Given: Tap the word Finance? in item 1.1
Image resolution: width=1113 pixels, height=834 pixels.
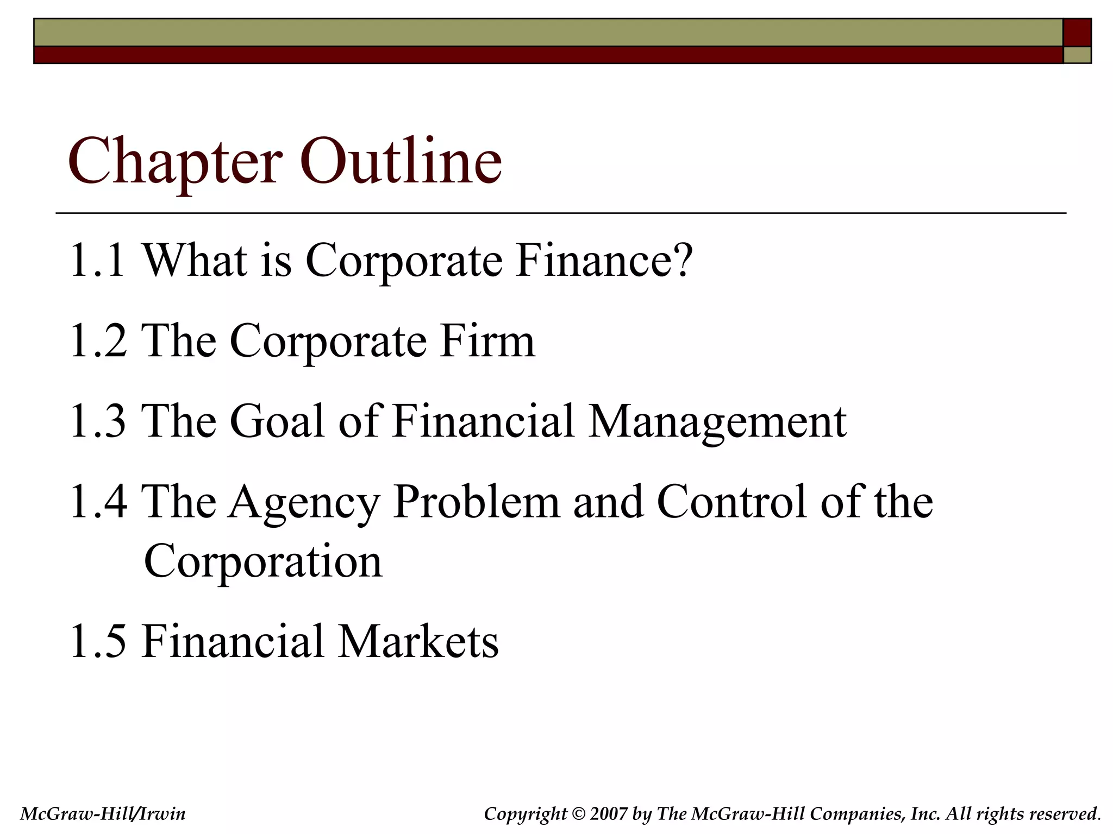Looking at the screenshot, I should pos(604,261).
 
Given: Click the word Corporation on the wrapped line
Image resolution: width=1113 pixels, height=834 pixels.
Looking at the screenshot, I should pos(263,561).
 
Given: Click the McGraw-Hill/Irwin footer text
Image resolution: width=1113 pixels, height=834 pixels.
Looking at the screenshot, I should pos(103,813).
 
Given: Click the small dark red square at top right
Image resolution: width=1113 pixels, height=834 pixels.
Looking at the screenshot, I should pos(1077,33).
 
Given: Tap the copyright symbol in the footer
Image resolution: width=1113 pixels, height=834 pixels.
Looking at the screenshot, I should pos(578,813).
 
